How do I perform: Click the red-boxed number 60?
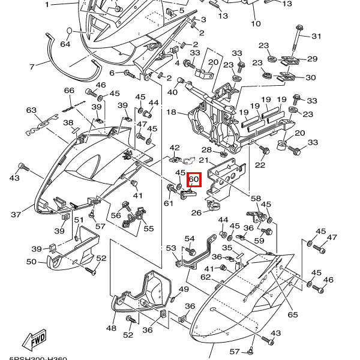[x=193, y=179]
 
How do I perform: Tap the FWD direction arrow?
[x=35, y=339]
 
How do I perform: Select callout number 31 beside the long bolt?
[x=316, y=37]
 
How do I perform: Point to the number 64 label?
[x=65, y=44]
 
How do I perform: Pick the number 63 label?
[x=32, y=110]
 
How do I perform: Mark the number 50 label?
[x=32, y=262]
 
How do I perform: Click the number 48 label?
[x=111, y=328]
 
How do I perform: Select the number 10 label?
[x=256, y=24]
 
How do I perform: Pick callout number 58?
[x=256, y=199]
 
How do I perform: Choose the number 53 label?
[x=171, y=248]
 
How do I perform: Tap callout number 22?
[x=260, y=165]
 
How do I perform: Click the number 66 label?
[x=69, y=91]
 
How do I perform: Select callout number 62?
[x=205, y=277]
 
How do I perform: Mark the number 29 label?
[x=312, y=59]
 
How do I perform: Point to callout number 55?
[x=148, y=229]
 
